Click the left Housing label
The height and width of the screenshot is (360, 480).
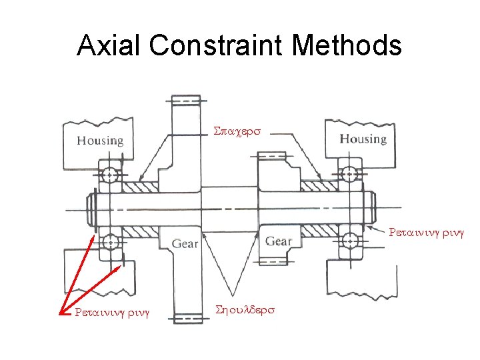[x=100, y=141]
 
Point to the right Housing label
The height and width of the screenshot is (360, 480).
[x=363, y=139]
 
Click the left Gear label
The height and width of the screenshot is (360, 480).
[x=185, y=243]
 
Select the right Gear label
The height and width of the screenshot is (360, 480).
[x=279, y=241]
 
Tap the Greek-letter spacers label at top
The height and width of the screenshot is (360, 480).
[x=240, y=133]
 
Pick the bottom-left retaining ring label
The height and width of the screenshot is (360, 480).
[x=112, y=311]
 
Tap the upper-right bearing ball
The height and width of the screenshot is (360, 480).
[x=347, y=174]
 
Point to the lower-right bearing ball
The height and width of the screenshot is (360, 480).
[x=347, y=239]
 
